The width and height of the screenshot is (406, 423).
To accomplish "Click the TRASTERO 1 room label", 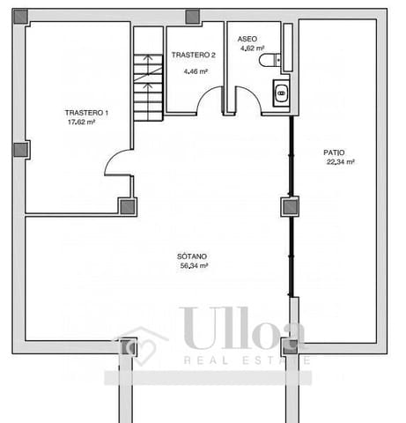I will (86, 113).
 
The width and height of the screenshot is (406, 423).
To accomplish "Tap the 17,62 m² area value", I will (81, 122).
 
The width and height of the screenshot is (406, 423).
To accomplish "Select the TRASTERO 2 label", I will (193, 55).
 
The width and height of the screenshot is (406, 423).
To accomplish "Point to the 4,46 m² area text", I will (195, 71).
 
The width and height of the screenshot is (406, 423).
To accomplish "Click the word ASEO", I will (247, 39).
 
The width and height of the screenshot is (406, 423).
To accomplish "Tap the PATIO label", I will (335, 152).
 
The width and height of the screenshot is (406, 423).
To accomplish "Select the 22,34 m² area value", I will (340, 162).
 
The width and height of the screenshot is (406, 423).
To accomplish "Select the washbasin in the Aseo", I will (281, 92).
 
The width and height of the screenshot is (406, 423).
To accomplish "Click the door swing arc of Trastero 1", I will (117, 161).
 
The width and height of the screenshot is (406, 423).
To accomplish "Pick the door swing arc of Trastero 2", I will (208, 101).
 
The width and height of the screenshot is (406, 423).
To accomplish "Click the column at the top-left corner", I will (19, 16).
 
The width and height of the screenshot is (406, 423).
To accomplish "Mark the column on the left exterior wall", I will (20, 149).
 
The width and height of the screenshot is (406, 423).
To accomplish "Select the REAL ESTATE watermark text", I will (247, 360).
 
